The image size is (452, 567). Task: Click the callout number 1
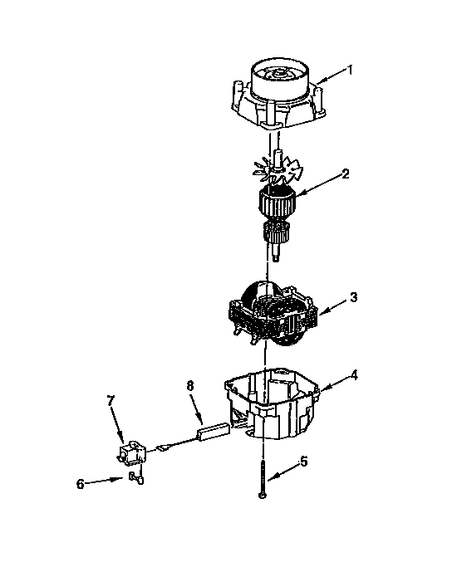[350, 70]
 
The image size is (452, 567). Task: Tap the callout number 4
[354, 374]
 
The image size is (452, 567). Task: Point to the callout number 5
[303, 462]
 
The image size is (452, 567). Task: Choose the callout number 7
[110, 401]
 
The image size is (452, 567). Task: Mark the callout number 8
[190, 386]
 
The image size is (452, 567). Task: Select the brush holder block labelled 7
[129, 452]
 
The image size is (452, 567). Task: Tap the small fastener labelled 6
[136, 477]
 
